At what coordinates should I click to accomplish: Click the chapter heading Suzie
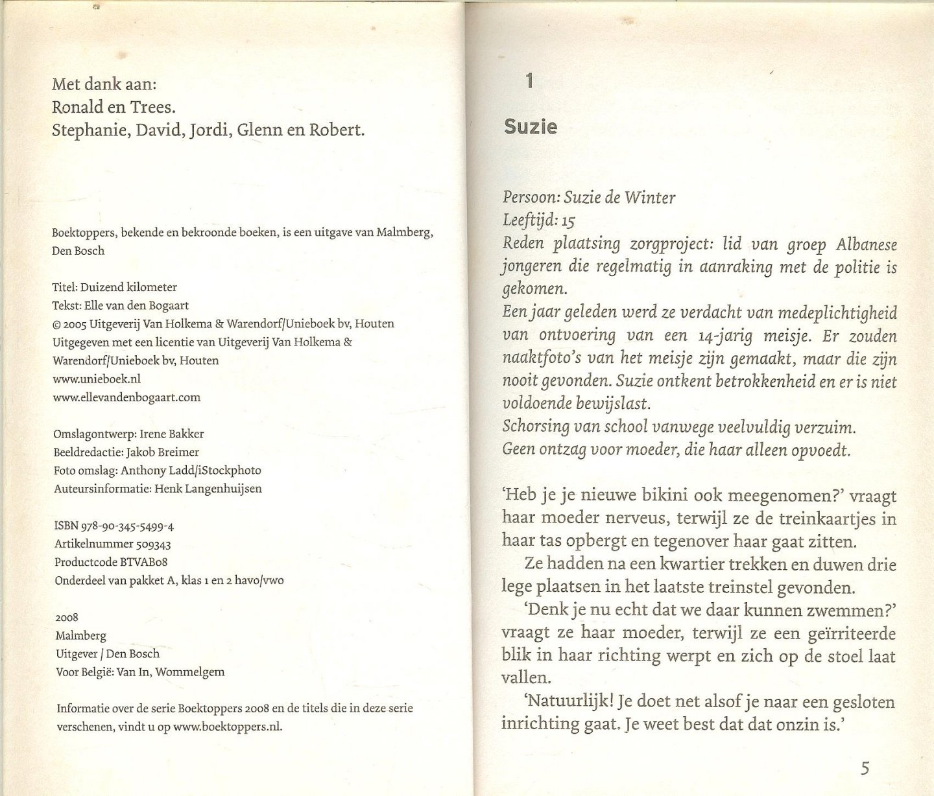pyautogui.click(x=530, y=126)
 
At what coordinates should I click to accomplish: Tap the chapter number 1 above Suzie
pyautogui.click(x=529, y=81)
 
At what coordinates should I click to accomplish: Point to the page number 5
pyautogui.click(x=864, y=769)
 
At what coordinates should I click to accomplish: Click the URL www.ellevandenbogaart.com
pyautogui.click(x=126, y=397)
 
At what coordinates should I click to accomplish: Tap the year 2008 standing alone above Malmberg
pyautogui.click(x=67, y=618)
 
